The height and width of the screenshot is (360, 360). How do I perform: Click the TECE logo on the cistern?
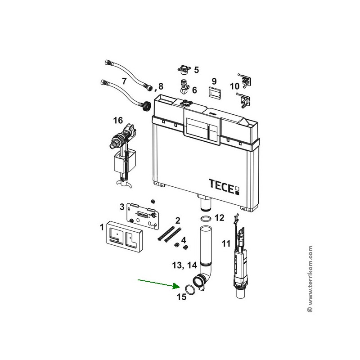(x=224, y=187)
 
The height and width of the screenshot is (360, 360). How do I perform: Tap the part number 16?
(x=118, y=120)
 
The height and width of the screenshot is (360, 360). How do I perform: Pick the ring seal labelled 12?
(x=206, y=219)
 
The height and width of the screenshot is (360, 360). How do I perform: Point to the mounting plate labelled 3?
(x=143, y=215)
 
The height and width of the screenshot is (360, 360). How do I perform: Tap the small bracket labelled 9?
(x=215, y=92)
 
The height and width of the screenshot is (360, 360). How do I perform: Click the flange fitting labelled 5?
(x=184, y=70)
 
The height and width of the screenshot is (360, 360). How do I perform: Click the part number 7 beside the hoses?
(x=124, y=81)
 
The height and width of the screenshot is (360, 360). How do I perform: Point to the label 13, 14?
(x=184, y=265)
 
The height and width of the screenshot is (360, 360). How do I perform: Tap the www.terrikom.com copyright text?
(x=310, y=279)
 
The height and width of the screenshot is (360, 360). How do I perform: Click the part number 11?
(x=226, y=243)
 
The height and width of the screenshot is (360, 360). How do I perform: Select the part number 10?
(x=234, y=86)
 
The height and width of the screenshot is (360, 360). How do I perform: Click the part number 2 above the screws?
(x=178, y=220)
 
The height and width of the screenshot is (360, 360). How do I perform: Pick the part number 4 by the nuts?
(x=184, y=240)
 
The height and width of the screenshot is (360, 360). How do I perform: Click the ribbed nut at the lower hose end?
(x=146, y=106)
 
